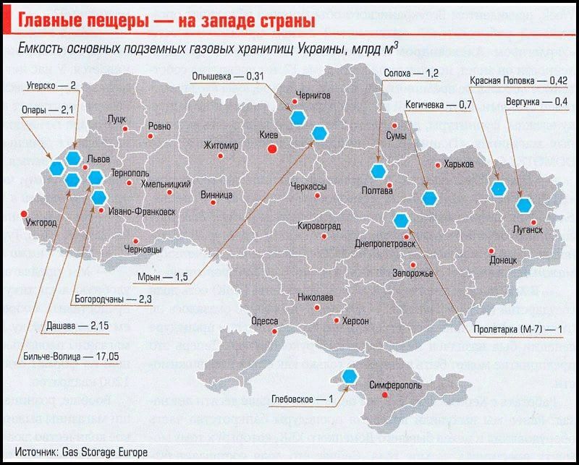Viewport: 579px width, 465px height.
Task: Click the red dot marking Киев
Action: [272, 149]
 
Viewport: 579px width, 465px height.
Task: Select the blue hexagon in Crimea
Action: [350, 375]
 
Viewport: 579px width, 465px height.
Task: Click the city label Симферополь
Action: [397, 385]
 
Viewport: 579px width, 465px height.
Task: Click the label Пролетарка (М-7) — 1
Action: [517, 328]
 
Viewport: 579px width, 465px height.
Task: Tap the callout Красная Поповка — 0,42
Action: [518, 80]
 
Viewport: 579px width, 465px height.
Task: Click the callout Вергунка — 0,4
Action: [537, 102]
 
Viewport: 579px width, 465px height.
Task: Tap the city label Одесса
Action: [265, 321]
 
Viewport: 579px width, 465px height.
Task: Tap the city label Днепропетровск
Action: [385, 244]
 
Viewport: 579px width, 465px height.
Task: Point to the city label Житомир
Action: [221, 145]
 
